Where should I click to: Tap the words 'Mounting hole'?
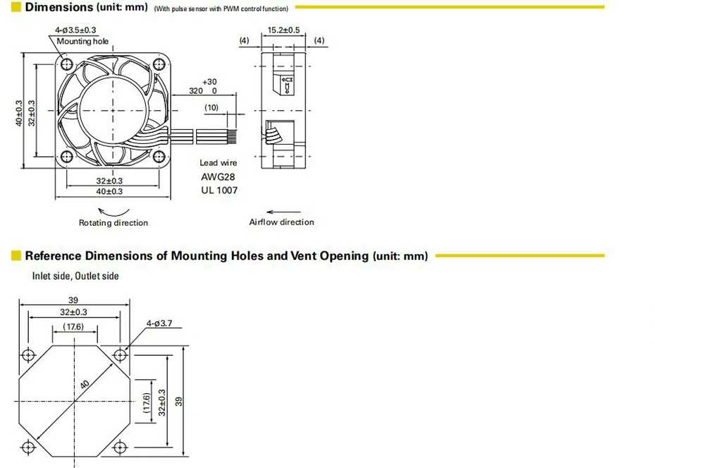pos(84,42)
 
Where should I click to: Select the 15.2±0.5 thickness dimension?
pos(284,30)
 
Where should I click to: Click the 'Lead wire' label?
pos(219,163)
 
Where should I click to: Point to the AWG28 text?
pos(219,177)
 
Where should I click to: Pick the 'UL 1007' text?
pos(219,191)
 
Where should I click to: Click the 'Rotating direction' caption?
pos(114,223)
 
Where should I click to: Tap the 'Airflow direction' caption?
pos(281,222)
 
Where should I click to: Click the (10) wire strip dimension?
pos(211,107)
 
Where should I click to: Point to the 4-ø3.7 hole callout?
pos(159,324)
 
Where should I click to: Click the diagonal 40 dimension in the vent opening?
pos(85,385)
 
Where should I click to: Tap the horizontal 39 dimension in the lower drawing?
pos(73,300)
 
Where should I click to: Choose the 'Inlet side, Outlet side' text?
pos(75,276)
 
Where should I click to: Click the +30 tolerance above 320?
pos(209,82)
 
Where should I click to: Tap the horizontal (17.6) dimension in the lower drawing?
pos(73,327)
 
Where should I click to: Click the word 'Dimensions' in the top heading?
pos(59,8)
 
